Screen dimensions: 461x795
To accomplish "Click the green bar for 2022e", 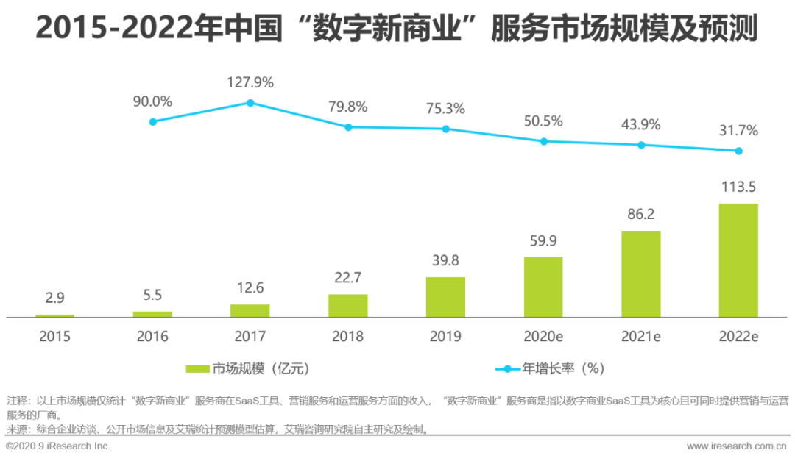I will pos(738,260).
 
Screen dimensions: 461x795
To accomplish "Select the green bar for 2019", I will pos(445,297).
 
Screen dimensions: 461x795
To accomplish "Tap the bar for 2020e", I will pos(543,287).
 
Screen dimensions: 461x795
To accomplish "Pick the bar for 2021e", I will pos(641,274).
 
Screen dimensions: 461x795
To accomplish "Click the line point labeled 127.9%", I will pos(250,103).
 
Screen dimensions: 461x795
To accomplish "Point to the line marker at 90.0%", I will pos(152,121).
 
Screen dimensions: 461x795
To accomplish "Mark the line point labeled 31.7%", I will pos(738,151).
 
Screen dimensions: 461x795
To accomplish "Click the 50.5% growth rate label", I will pos(543,121).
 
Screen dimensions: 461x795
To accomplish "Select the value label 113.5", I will pos(738,186).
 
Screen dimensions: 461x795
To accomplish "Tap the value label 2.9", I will pos(55,298).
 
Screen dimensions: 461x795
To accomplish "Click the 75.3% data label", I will pos(445,109).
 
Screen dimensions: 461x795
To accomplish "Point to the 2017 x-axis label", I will pos(250,337).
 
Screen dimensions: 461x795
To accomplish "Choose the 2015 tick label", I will pos(55,337).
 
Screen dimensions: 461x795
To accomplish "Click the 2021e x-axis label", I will pos(641,337).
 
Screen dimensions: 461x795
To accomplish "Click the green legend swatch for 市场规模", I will pos(198,368).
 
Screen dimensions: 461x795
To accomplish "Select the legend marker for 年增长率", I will pos(507,368).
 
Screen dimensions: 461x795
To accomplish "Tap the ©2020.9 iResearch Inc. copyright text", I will pos(57,446).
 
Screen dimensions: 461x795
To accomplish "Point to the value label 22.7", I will pos(347,276).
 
